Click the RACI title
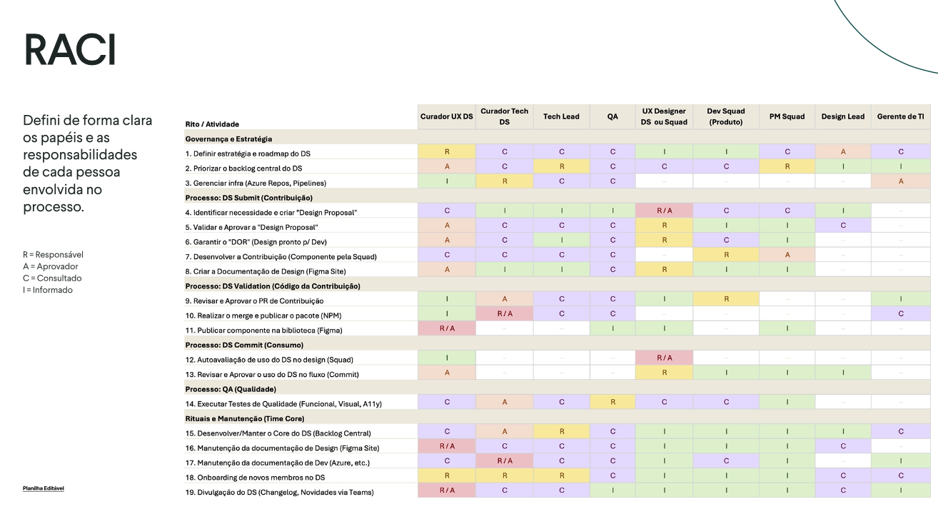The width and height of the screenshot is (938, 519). coord(69,50)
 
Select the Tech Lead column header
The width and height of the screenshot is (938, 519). coord(561,116)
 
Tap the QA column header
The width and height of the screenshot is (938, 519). coord(612,116)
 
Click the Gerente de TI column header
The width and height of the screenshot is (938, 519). coord(901,116)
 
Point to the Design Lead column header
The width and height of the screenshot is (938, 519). coord(842,116)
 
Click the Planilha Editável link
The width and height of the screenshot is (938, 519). coord(44,489)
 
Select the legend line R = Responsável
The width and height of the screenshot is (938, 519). coord(53,254)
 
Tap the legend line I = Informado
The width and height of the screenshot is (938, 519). coord(47,290)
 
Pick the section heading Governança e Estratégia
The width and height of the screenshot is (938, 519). coord(228,139)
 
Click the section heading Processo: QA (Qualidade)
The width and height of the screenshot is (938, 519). coord(231,389)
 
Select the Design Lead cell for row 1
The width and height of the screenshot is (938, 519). coord(842,151)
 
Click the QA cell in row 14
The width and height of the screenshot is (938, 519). coord(612,402)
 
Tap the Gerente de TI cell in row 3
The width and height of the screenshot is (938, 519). coord(901,181)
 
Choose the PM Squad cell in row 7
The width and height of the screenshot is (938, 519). coord(787,254)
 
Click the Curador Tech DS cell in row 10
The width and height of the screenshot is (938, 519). coord(504,313)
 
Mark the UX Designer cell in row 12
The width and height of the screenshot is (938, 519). coord(664,358)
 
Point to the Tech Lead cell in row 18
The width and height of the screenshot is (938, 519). coord(561,475)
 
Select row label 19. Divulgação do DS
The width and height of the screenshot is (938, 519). coord(278,492)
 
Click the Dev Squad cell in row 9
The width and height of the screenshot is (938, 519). coord(726,299)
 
